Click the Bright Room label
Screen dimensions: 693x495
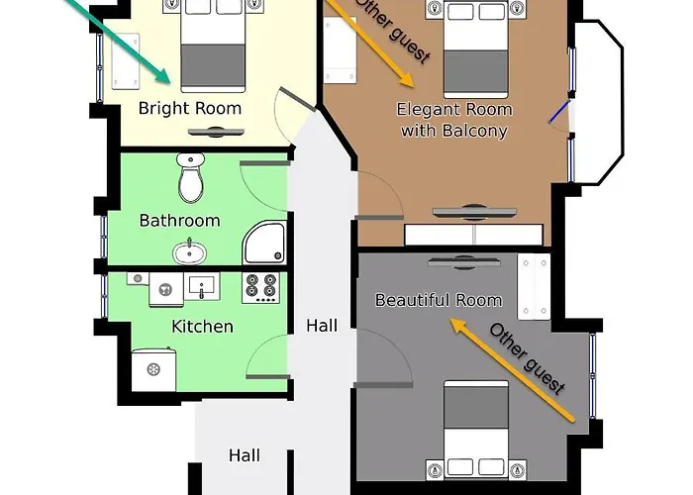pyautogui.click(x=190, y=108)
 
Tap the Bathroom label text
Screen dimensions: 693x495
pyautogui.click(x=179, y=221)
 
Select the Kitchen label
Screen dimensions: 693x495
pyautogui.click(x=202, y=327)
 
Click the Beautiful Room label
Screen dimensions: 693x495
pyautogui.click(x=439, y=300)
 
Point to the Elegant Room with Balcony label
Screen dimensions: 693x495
pyautogui.click(x=454, y=120)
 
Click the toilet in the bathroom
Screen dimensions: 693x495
pyautogui.click(x=190, y=177)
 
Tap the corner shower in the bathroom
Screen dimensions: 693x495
pyautogui.click(x=264, y=243)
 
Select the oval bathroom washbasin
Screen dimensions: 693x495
pyautogui.click(x=189, y=252)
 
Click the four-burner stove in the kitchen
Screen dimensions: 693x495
pyautogui.click(x=260, y=287)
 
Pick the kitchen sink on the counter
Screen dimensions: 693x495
pyautogui.click(x=202, y=286)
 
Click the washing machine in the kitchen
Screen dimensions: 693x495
pyautogui.click(x=153, y=370)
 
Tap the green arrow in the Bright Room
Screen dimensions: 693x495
pyautogui.click(x=120, y=41)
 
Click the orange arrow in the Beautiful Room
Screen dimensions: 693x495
pyautogui.click(x=513, y=370)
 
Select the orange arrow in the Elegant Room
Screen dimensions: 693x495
pyautogui.click(x=369, y=43)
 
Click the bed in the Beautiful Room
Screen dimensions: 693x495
pyautogui.click(x=476, y=429)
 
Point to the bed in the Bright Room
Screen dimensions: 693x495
pyautogui.click(x=213, y=46)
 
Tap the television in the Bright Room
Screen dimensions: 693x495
pyautogui.click(x=216, y=132)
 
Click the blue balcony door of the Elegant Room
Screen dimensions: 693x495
pyautogui.click(x=559, y=112)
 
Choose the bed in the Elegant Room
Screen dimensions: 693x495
pyautogui.click(x=475, y=49)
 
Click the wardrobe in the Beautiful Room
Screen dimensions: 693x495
pyautogui.click(x=534, y=286)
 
